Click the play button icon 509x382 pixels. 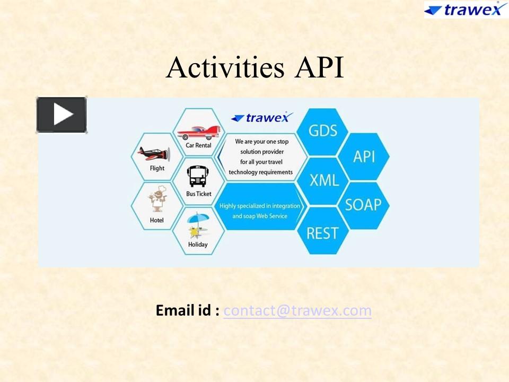[62, 115]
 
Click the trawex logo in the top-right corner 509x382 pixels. [466, 10]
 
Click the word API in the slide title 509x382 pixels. [318, 68]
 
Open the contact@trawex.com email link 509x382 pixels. [297, 310]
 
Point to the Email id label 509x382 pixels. [187, 310]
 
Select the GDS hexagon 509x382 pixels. [322, 131]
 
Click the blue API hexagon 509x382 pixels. [364, 156]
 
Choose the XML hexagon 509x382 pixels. [324, 180]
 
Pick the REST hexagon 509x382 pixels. [322, 232]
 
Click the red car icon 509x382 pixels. [198, 132]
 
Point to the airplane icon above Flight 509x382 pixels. [154, 154]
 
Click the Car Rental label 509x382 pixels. [198, 145]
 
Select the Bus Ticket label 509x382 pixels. [198, 194]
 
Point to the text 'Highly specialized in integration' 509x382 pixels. [260, 206]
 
